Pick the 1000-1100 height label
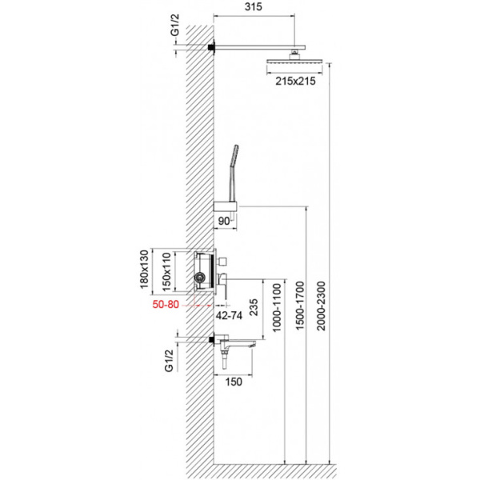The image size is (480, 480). click(277, 314)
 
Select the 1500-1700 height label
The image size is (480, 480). click(300, 314)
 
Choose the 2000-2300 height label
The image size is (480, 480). click(323, 314)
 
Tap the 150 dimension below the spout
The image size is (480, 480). click(234, 382)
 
